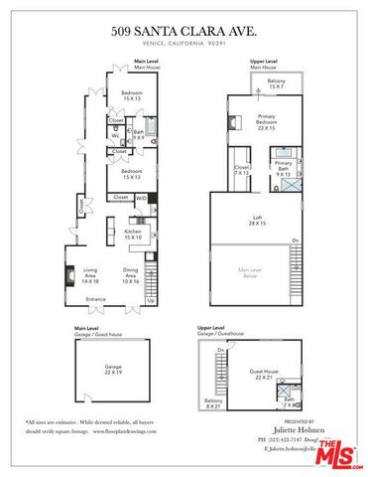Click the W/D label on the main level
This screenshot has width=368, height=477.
[x=141, y=198]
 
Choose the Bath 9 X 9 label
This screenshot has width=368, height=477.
[x=139, y=134]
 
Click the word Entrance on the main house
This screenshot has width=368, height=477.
[x=96, y=298]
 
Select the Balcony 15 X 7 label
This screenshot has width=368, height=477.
[x=276, y=82]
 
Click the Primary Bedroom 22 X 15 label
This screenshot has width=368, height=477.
[x=264, y=124]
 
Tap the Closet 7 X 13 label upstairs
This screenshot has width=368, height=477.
[x=242, y=170]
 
